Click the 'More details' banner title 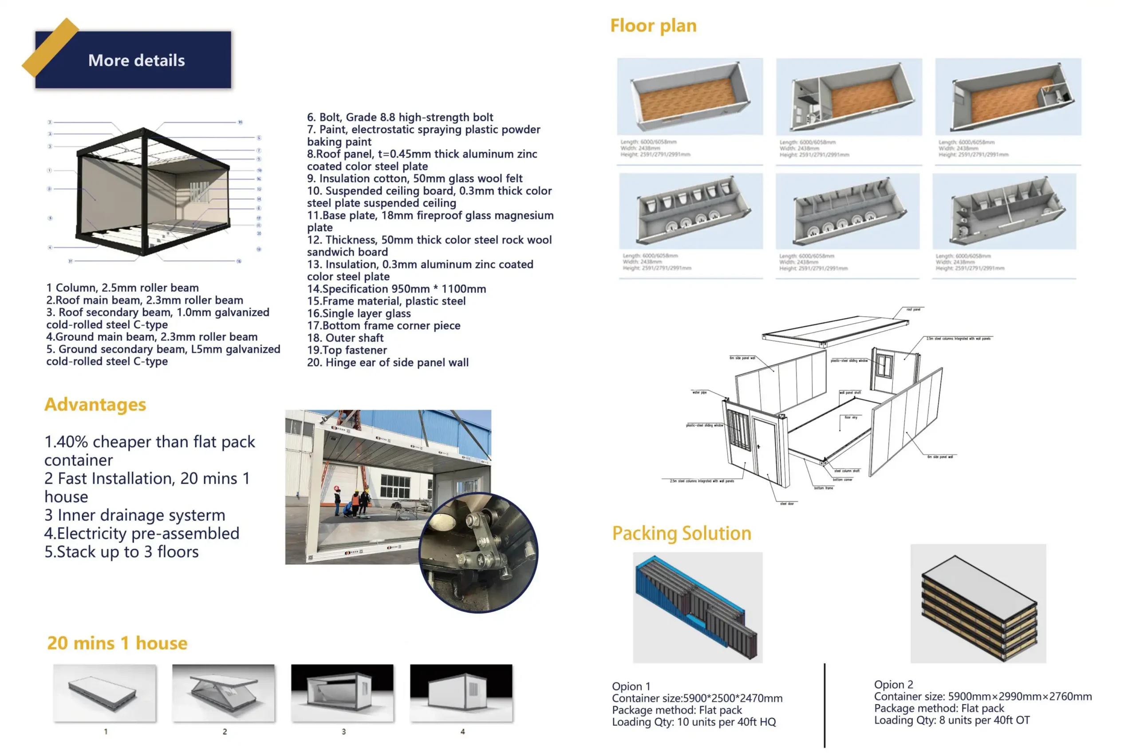[136, 60]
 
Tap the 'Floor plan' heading [653, 26]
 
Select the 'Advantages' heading [95, 404]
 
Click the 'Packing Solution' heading [681, 533]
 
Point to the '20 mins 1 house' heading [117, 643]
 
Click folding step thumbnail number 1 [105, 693]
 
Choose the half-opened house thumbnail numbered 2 [224, 693]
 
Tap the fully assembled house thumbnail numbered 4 [461, 693]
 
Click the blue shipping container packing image [697, 607]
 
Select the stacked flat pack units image [978, 603]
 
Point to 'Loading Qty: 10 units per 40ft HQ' [694, 722]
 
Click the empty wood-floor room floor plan [690, 96]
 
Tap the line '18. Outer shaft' [345, 338]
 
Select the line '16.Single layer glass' [359, 313]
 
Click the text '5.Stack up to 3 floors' [122, 551]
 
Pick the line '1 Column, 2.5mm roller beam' [122, 288]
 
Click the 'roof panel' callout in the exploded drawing [912, 309]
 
